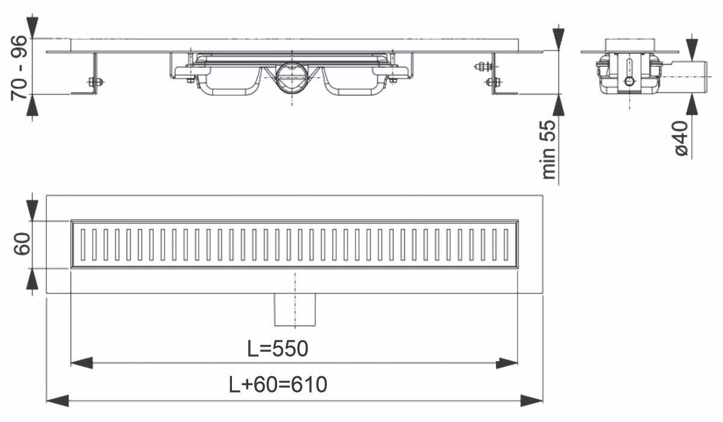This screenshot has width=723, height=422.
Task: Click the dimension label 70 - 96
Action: [19, 68]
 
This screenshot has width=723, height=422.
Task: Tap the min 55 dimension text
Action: [548, 150]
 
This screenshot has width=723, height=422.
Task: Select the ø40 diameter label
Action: [681, 138]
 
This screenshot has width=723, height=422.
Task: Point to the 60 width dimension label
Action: [22, 244]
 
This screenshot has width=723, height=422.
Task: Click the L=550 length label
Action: [278, 348]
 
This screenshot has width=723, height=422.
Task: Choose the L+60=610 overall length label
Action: [278, 385]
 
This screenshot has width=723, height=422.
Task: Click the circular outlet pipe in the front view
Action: [292, 78]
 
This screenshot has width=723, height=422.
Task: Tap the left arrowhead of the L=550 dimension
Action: [82, 363]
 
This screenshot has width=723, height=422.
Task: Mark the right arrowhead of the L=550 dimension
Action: [507, 364]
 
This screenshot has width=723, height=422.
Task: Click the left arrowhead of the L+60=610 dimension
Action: [57, 401]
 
